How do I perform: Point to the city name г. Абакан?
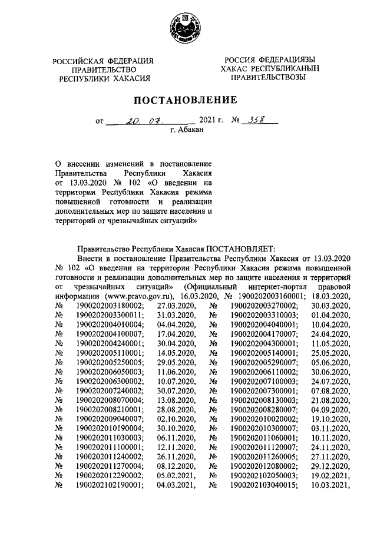(x=187, y=131)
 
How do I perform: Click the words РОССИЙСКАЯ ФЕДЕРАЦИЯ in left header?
(x=103, y=61)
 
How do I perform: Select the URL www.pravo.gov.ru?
(x=138, y=296)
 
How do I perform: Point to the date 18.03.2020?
(x=331, y=296)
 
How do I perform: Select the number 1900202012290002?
(x=108, y=475)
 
